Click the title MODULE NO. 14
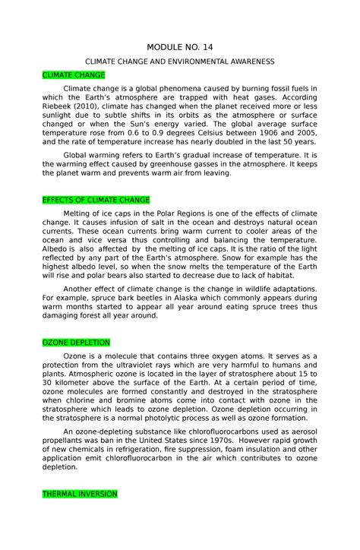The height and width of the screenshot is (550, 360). pos(181,47)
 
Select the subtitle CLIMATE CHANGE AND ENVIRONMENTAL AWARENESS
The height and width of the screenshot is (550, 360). pos(180,61)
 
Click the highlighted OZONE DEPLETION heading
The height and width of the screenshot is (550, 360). pos(77,343)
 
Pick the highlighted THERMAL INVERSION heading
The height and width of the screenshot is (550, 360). pos(80,494)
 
